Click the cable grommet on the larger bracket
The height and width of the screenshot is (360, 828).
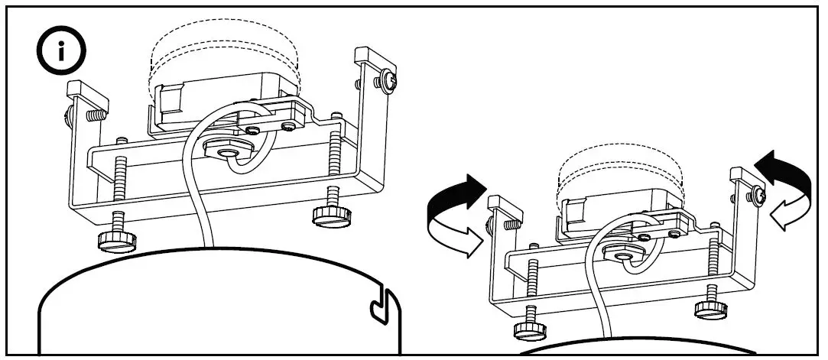point(228,151)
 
